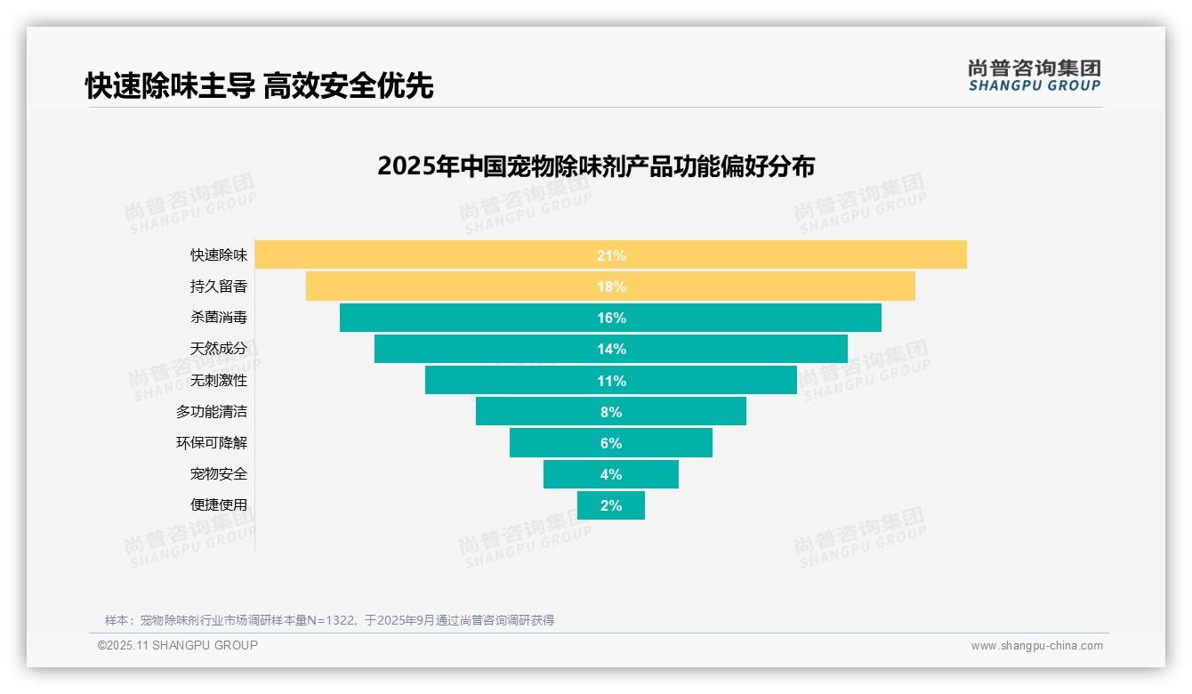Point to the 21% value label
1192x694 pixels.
[611, 255]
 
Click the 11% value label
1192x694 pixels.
[611, 381]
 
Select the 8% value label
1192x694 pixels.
[611, 412]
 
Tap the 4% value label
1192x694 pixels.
[611, 474]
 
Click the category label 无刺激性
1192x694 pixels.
[219, 380]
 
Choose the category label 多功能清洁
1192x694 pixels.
[212, 411]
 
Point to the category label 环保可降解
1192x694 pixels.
[212, 442]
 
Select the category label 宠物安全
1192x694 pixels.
[219, 473]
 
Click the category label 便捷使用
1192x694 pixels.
[219, 504]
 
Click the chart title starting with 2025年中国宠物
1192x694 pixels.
[595, 166]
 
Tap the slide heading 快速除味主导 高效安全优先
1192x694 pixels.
[260, 85]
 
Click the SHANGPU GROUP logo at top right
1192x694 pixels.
[1034, 76]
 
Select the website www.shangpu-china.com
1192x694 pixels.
[1036, 646]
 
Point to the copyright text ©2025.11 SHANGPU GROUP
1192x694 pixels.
[178, 645]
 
